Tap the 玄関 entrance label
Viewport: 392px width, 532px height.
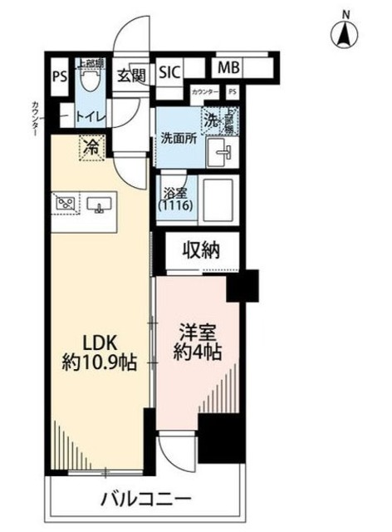(x=131, y=76)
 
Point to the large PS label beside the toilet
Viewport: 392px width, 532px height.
(x=59, y=77)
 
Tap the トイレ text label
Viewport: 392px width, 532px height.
(x=90, y=117)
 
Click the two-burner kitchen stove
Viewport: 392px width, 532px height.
(x=66, y=202)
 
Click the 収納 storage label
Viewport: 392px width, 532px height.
(x=202, y=250)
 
